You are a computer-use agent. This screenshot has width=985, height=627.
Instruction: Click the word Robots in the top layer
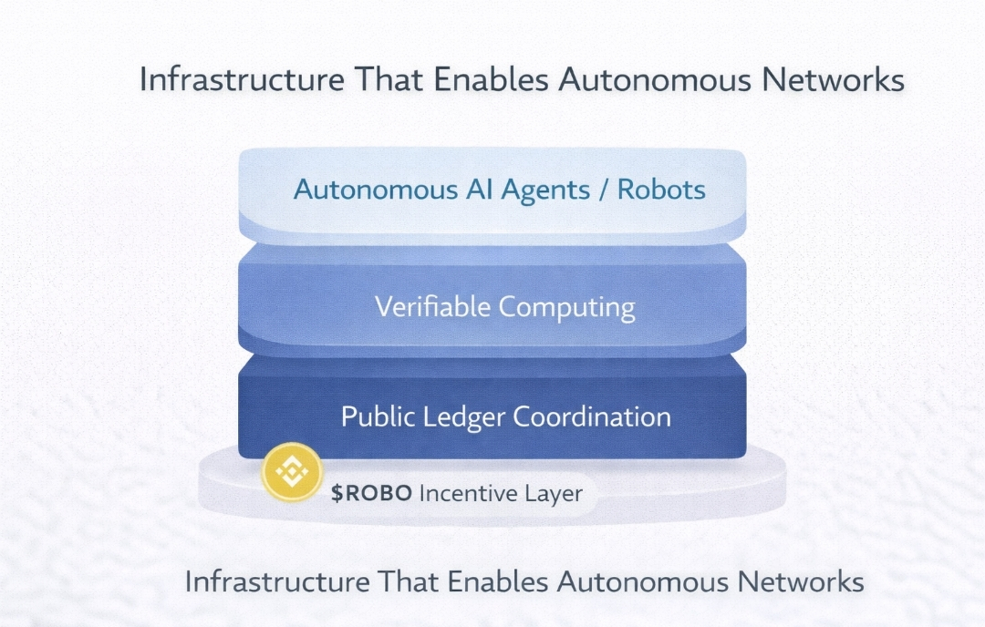[x=661, y=190]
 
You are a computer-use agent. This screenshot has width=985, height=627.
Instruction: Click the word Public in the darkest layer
[x=376, y=416]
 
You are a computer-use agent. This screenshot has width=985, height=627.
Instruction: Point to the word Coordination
[x=592, y=416]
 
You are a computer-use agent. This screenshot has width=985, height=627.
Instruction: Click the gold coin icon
[x=291, y=471]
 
